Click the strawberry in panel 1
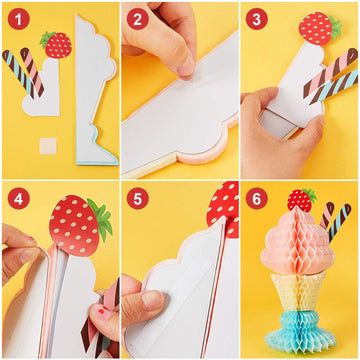tap(56, 44)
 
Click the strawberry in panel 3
tap(318, 27)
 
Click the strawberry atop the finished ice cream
tap(301, 199)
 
